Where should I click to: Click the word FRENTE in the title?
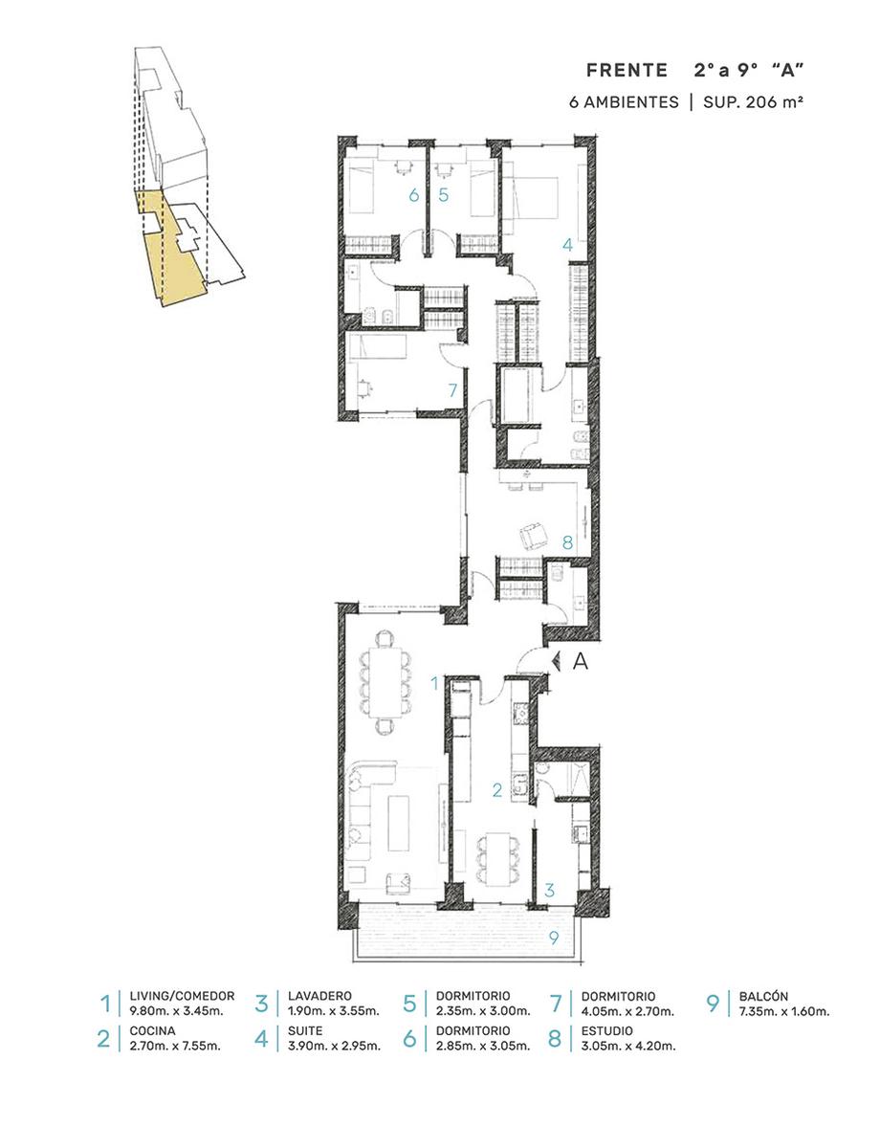[627, 70]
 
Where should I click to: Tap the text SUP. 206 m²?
[752, 101]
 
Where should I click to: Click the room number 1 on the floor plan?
[434, 684]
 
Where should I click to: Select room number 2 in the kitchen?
[496, 790]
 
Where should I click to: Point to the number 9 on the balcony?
[553, 938]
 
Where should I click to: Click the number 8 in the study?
[567, 542]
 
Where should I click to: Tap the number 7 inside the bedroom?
[452, 390]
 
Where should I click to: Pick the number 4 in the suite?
[567, 245]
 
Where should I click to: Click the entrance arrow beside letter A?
[555, 660]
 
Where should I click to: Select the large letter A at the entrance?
[580, 660]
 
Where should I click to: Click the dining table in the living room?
[385, 682]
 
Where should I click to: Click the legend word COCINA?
[152, 1030]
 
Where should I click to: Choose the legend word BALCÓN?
[763, 997]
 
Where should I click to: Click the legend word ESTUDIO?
[607, 1030]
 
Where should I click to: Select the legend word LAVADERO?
[319, 996]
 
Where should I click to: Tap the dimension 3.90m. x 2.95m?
[335, 1046]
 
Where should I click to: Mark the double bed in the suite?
[530, 198]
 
